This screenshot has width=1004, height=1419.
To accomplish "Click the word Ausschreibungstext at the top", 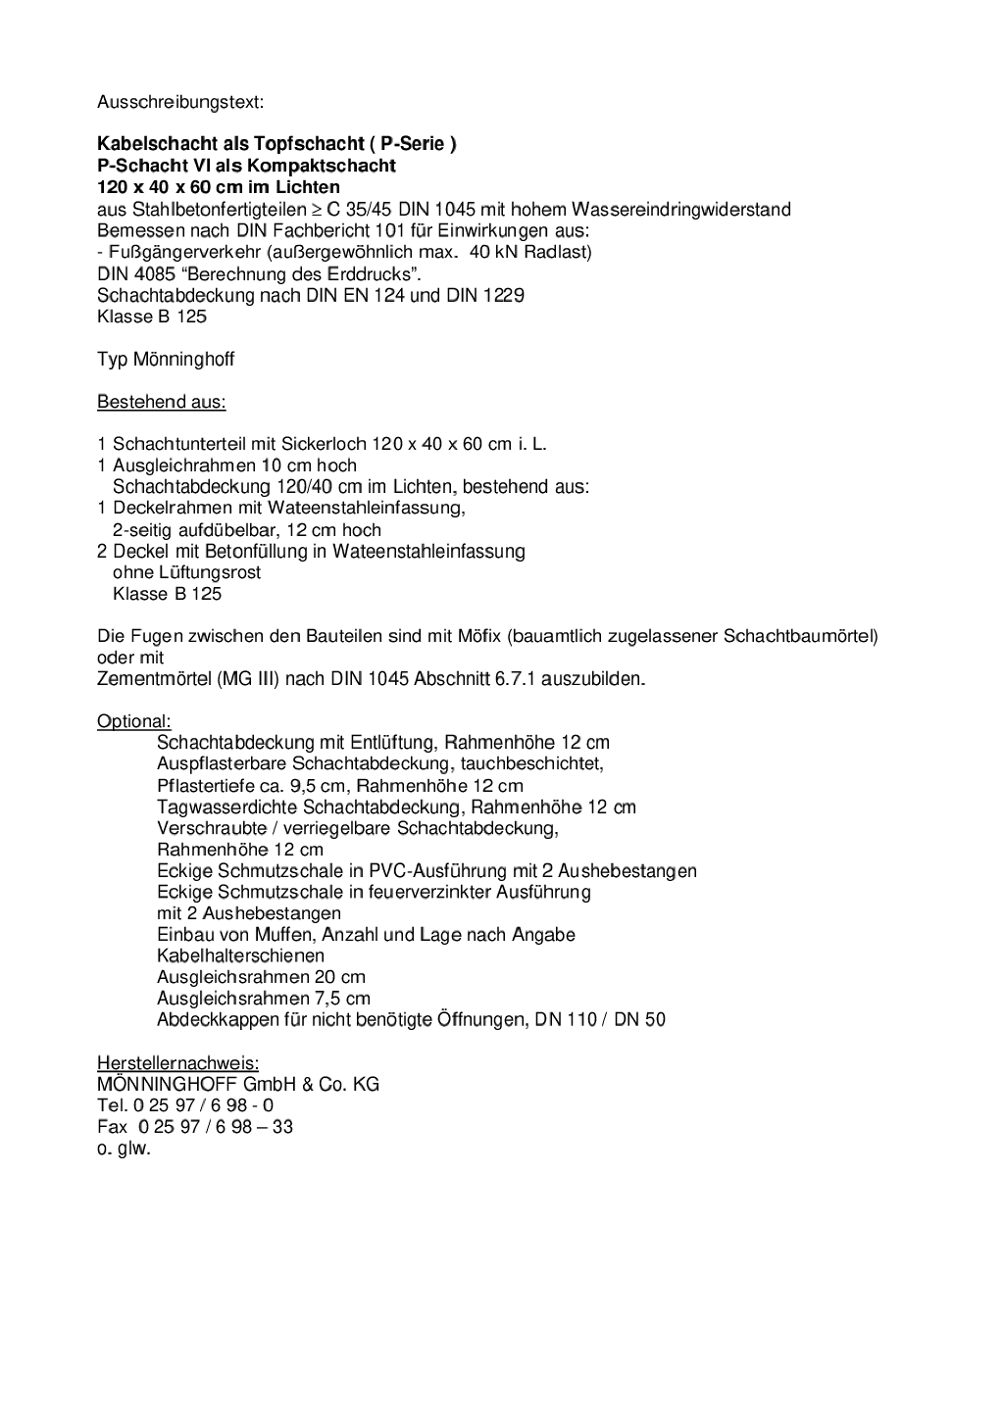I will pos(180,102).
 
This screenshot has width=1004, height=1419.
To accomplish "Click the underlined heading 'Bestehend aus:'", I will pos(162,402).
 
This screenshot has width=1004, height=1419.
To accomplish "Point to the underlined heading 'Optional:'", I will pos(134,721).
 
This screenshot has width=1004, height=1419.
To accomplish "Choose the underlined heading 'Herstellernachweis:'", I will pos(178,1063).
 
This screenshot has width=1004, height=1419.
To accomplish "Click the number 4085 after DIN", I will pos(156,273).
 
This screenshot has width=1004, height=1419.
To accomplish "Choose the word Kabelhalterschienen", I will pos(240,955).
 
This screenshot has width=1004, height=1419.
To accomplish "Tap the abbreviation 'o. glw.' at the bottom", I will pos(125,1149).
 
